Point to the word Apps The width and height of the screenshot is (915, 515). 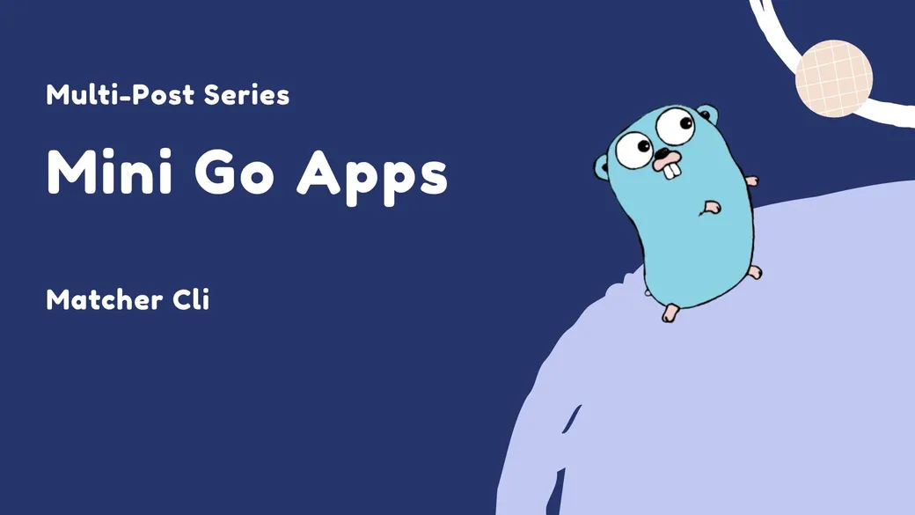click(x=372, y=174)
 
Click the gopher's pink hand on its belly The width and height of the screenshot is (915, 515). click(x=712, y=208)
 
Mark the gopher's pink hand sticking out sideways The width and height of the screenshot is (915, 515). click(x=750, y=180)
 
